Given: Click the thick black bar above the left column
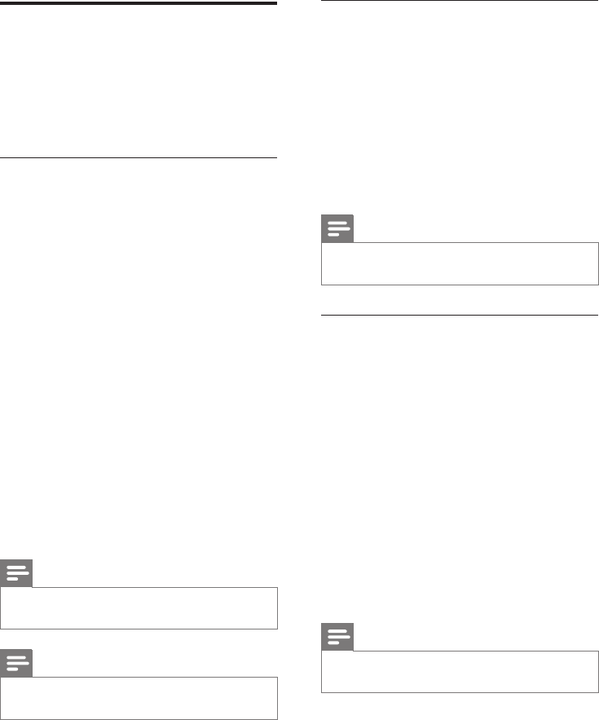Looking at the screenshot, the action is (139, 2).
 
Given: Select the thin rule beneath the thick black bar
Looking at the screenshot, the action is (139, 157).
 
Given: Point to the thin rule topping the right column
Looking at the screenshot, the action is (460, 2).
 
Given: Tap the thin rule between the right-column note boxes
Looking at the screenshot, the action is (460, 314).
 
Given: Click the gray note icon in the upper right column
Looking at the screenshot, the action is (338, 229).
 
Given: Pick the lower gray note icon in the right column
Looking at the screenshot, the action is (338, 638).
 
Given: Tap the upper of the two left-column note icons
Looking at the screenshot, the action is (16, 574).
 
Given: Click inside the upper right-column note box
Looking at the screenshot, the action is (460, 263).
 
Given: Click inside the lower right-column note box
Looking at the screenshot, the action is (460, 671).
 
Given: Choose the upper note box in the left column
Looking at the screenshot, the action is (139, 607).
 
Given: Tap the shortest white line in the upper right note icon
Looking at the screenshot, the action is (333, 235).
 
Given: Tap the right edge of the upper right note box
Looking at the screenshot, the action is (597, 263).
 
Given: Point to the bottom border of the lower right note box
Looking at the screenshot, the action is (460, 691).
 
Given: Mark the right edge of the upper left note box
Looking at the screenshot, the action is (277, 607).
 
